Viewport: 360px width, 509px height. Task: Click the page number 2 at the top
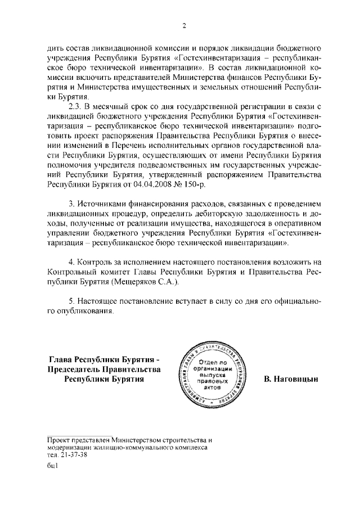click(x=184, y=26)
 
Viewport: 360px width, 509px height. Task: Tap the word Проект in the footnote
click(x=58, y=439)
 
